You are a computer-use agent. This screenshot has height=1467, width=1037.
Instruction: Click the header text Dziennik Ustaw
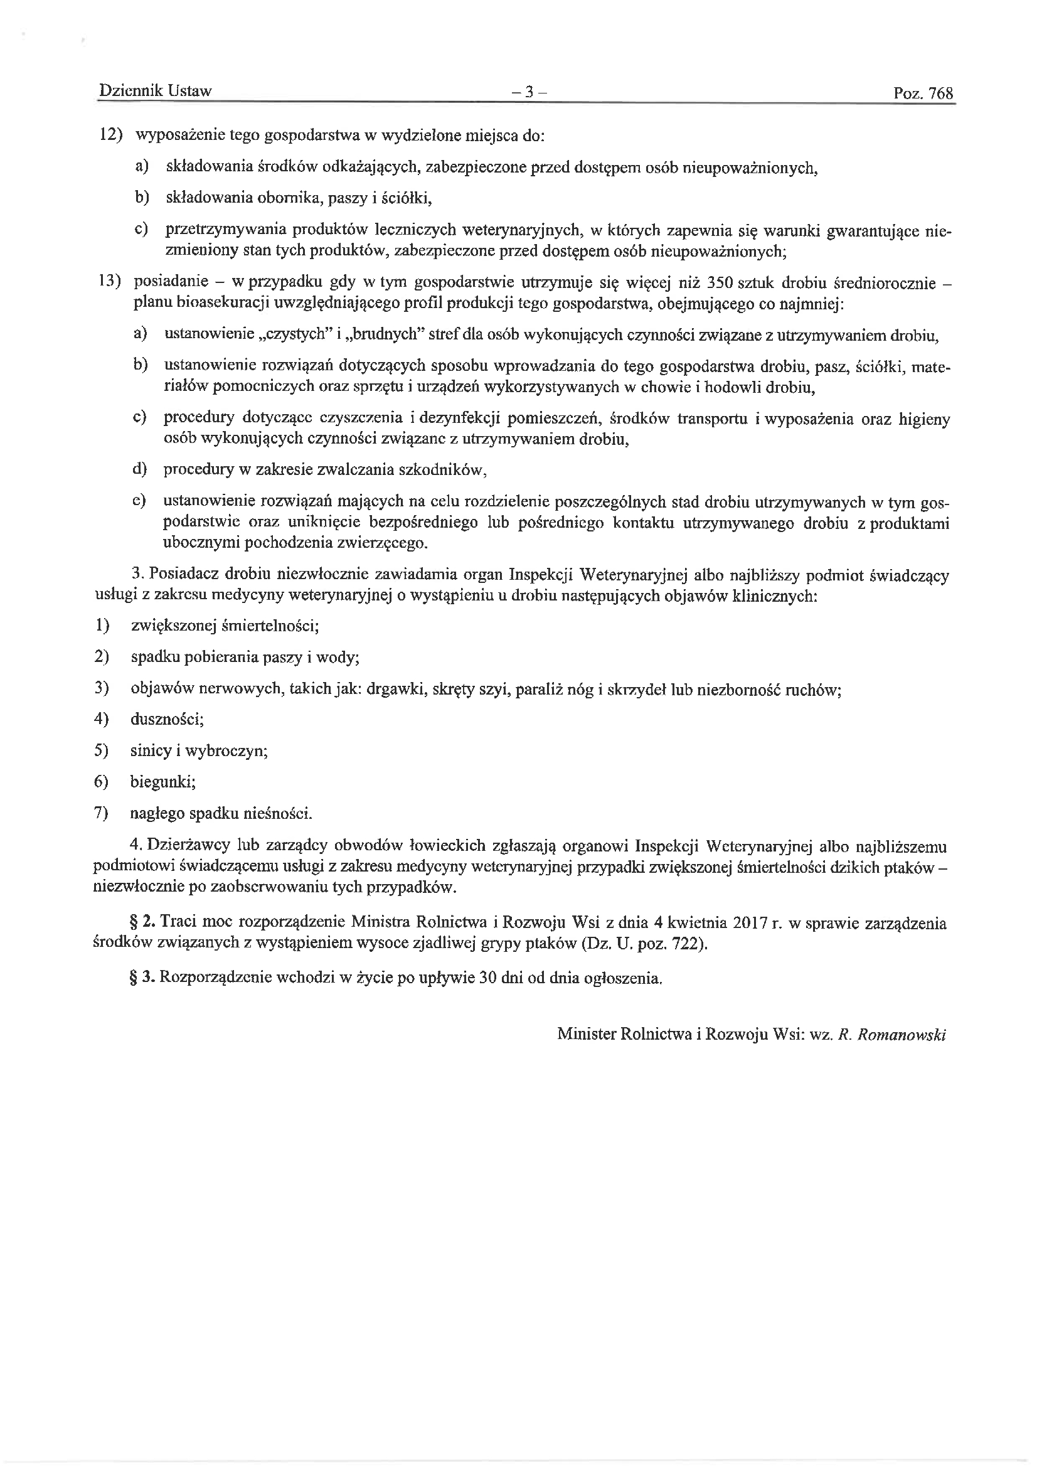(154, 92)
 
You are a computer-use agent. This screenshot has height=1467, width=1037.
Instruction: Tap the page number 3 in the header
(529, 93)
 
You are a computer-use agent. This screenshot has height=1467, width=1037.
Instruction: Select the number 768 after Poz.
(940, 94)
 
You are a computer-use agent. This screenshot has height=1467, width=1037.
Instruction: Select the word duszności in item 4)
(167, 720)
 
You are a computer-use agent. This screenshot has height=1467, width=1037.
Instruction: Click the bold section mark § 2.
(142, 923)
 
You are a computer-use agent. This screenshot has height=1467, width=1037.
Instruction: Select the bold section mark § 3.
(142, 978)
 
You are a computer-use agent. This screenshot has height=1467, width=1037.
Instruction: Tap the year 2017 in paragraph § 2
(750, 923)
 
